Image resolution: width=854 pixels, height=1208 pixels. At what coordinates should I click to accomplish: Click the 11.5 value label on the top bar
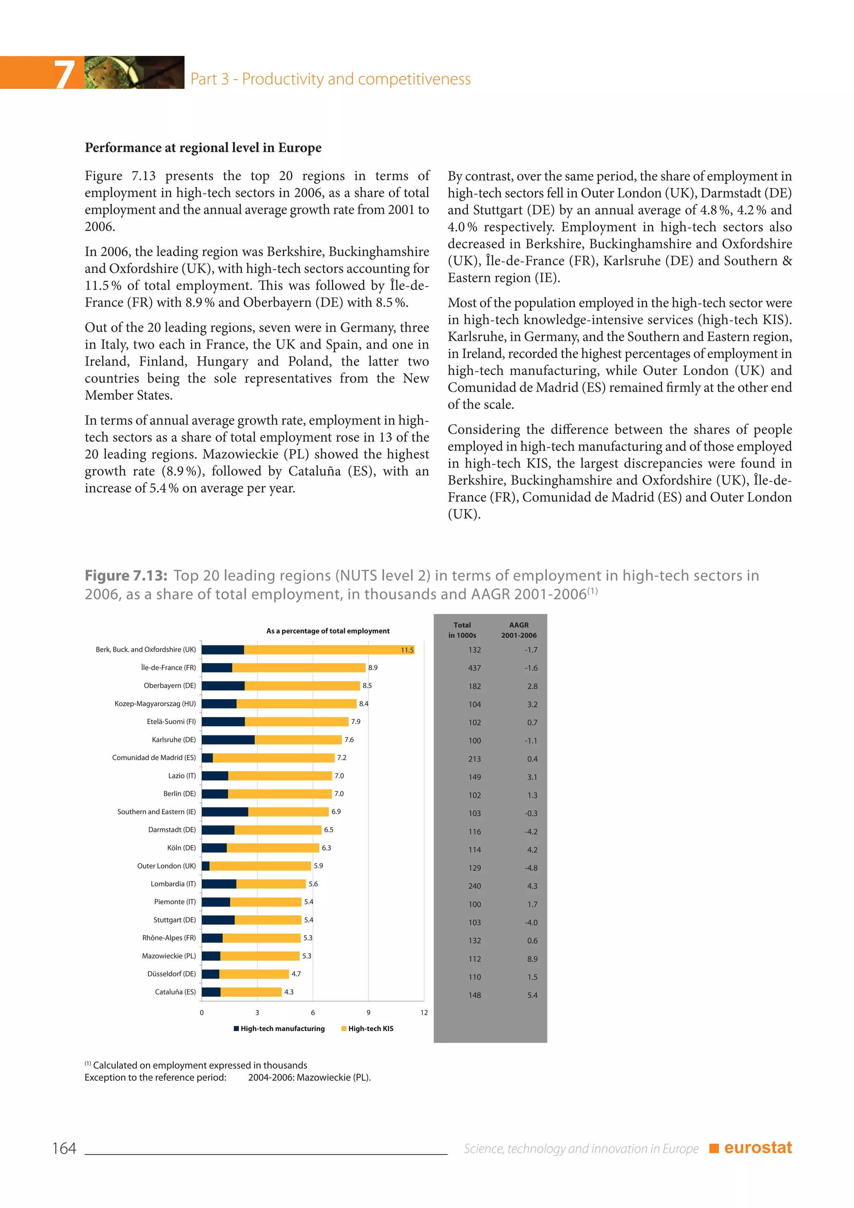(x=407, y=650)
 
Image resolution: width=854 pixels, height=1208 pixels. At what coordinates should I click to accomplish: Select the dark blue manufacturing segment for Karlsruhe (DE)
(x=228, y=740)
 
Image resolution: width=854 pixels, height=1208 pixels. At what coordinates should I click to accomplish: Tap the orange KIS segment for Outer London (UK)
(x=260, y=866)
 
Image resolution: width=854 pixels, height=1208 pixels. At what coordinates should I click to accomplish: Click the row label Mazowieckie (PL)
(x=168, y=956)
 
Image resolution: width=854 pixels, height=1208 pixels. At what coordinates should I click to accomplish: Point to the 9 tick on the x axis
(x=368, y=1013)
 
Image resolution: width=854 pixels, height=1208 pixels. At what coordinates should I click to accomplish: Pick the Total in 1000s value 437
(x=474, y=668)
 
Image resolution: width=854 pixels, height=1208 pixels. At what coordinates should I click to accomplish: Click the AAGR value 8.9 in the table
(x=532, y=959)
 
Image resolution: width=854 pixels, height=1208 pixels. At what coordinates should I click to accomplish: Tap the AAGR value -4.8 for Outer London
(x=531, y=868)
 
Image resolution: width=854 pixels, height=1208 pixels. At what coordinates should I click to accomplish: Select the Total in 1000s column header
(x=462, y=630)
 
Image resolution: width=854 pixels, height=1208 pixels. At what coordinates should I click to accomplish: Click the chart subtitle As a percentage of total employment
(x=328, y=631)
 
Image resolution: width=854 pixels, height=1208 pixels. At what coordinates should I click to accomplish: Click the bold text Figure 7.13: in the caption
(x=126, y=576)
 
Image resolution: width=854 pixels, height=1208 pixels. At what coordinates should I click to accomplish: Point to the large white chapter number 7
(x=64, y=74)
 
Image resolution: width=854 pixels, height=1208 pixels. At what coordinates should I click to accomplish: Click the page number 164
(x=64, y=1148)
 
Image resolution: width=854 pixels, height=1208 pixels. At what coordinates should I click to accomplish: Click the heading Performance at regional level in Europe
(x=203, y=148)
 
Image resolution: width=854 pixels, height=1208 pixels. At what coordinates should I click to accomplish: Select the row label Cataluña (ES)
(x=175, y=992)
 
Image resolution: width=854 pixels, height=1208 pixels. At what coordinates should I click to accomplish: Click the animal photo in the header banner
(x=134, y=72)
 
